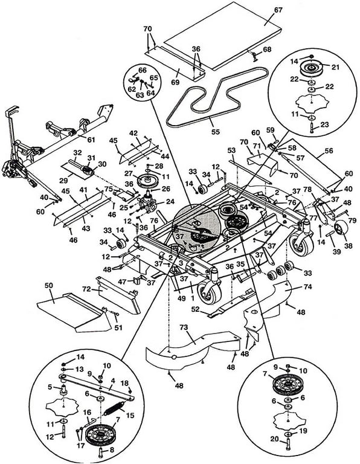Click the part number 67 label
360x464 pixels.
click(278, 10)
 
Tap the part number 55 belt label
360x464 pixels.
click(216, 131)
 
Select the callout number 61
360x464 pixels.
click(91, 139)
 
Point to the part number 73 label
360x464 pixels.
click(184, 327)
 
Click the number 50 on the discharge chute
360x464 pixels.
click(48, 286)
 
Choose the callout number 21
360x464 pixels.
click(335, 67)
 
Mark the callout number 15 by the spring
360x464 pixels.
click(130, 416)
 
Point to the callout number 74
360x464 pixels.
click(307, 287)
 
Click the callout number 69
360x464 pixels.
click(175, 82)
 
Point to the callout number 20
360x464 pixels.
click(274, 439)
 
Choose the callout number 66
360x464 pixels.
click(143, 70)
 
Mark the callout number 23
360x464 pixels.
click(324, 124)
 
